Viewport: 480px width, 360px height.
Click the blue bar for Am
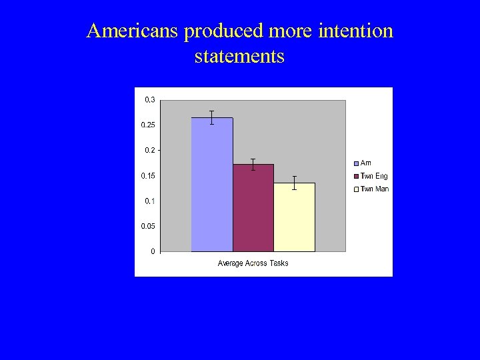[x=212, y=187]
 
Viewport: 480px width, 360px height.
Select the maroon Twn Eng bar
[x=253, y=208]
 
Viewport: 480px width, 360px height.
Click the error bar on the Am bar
[x=211, y=117]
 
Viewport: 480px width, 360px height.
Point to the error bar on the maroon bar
[x=253, y=164]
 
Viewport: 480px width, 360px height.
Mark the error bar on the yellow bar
[x=294, y=183]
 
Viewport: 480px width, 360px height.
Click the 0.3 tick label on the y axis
[x=149, y=100]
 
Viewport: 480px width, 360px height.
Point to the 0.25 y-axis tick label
[x=148, y=125]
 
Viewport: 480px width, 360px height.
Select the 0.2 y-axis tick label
[x=149, y=151]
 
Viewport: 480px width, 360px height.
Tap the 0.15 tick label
[x=148, y=176]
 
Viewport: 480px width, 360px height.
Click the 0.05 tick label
[x=148, y=227]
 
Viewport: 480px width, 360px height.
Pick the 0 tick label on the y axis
[x=153, y=251]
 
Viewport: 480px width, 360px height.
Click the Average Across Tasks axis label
[x=253, y=263]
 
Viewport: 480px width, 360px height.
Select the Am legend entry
[x=363, y=163]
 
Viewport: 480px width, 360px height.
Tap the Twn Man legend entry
[x=371, y=189]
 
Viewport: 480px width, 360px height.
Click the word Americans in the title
[x=133, y=31]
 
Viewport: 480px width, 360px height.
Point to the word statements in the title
[x=239, y=56]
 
